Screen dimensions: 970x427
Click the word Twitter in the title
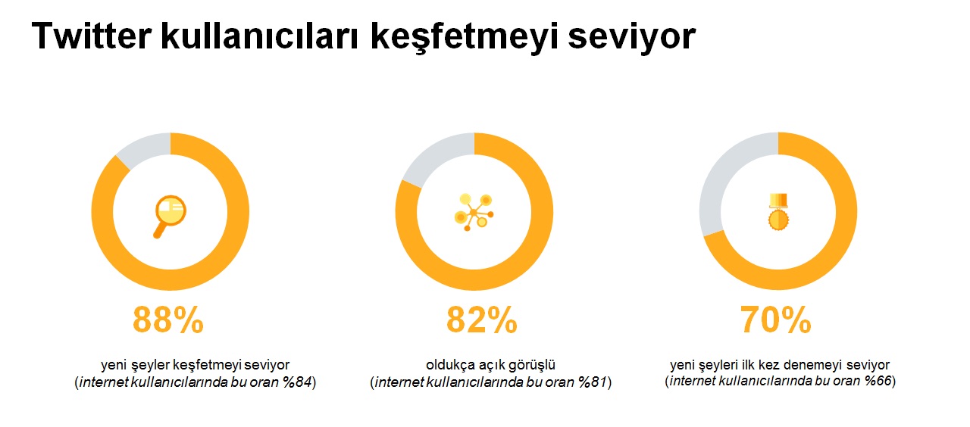92,36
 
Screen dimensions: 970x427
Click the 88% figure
168,320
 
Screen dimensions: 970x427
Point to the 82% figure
481,320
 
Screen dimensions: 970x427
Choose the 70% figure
775,320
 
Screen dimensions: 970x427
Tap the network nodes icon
474,212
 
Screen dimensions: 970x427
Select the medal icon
778,211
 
